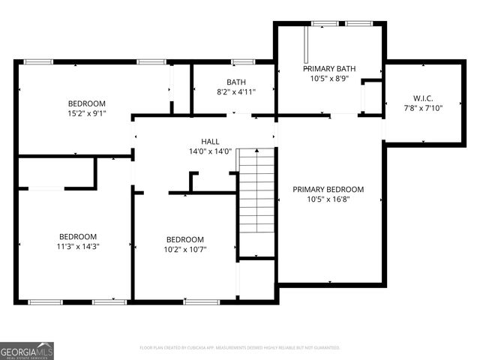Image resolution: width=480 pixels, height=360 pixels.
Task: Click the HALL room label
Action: tap(210, 141)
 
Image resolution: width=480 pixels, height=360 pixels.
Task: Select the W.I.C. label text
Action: tap(423, 98)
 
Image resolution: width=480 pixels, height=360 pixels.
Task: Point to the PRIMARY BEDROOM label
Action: tap(328, 190)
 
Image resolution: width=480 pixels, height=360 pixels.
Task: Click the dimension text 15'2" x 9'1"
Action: tap(87, 114)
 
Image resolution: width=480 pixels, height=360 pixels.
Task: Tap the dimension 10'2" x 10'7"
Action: tap(185, 250)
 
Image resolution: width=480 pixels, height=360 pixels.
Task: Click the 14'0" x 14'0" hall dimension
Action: tap(210, 151)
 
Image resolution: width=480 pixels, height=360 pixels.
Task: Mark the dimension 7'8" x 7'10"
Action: tap(423, 108)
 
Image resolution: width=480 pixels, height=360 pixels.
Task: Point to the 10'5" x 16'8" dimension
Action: tap(328, 199)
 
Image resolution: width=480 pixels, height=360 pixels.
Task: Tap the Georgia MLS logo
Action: tap(27, 350)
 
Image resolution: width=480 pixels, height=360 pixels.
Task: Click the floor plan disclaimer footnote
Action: tap(240, 348)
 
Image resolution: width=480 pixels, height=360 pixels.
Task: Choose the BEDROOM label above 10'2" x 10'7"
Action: tap(185, 240)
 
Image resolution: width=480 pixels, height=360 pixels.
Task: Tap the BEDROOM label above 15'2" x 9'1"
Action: tap(87, 103)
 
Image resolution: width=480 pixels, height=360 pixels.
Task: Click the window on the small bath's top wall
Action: tap(243, 61)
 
